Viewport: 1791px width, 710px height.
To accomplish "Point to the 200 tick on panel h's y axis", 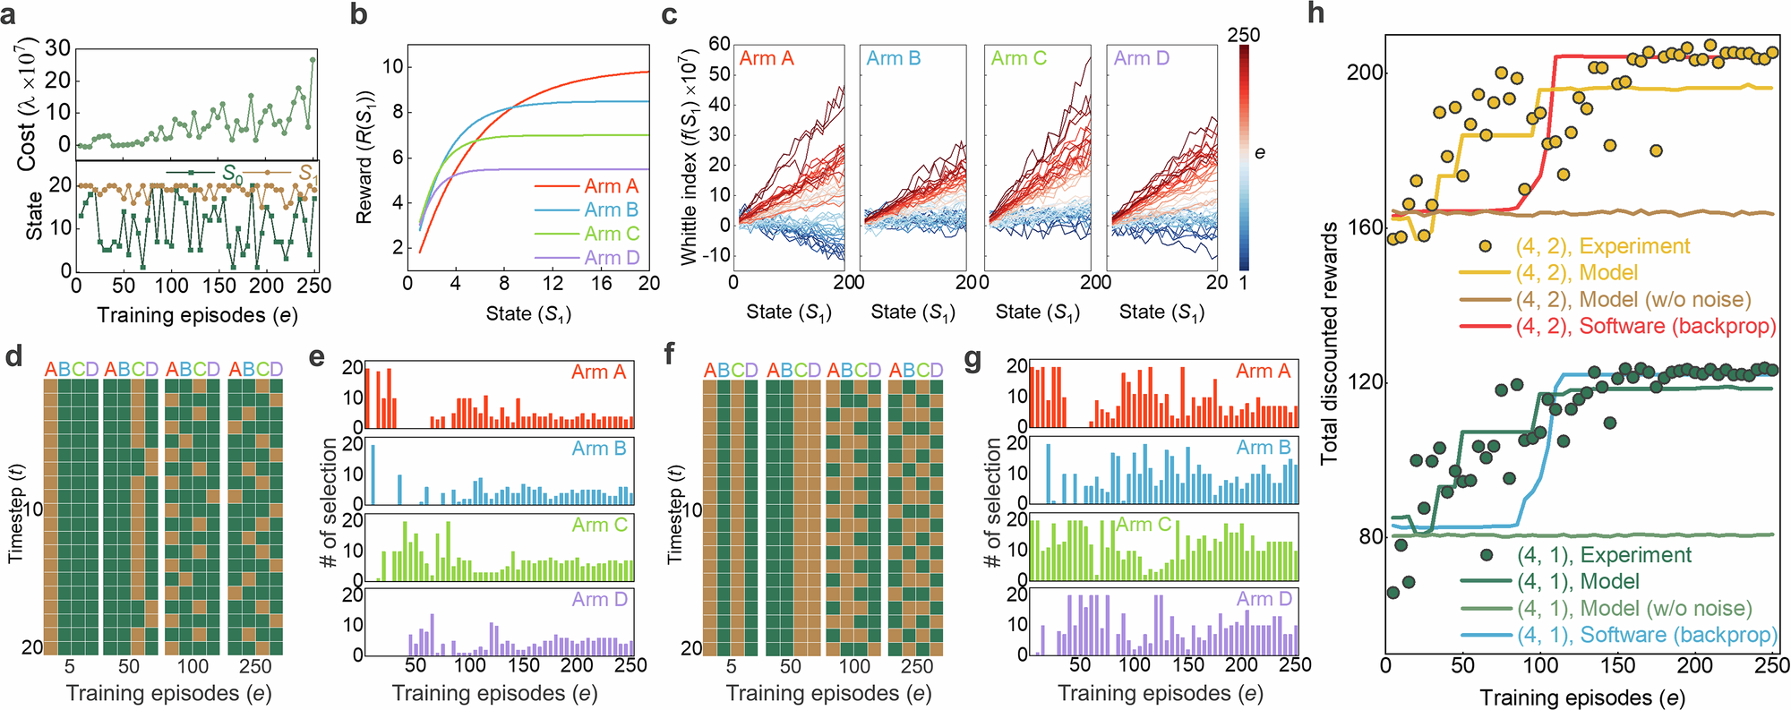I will click(1365, 73).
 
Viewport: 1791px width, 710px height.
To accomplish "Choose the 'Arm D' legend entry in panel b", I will click(612, 258).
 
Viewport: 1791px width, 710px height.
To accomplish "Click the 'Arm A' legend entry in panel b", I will click(612, 186).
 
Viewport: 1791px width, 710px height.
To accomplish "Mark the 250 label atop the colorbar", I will click(1243, 34).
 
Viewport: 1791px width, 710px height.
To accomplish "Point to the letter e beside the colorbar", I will click(1260, 153).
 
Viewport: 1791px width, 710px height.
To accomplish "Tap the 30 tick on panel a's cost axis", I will click(57, 47).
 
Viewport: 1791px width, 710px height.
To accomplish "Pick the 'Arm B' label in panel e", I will click(599, 448).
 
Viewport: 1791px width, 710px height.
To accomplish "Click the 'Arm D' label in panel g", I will click(1264, 598).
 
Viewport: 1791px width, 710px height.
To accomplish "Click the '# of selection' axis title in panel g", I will click(992, 501).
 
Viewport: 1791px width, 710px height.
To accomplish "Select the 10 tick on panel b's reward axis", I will click(392, 66).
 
